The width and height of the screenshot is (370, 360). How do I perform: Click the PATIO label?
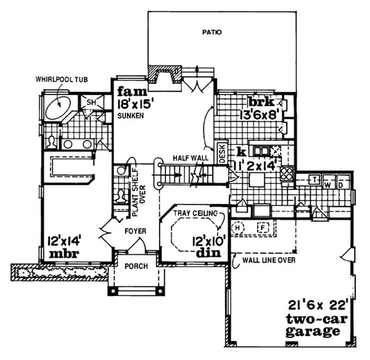tap(212, 33)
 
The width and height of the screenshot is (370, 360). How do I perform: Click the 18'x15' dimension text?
tap(135, 102)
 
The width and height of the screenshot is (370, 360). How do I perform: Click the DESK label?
tap(222, 153)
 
